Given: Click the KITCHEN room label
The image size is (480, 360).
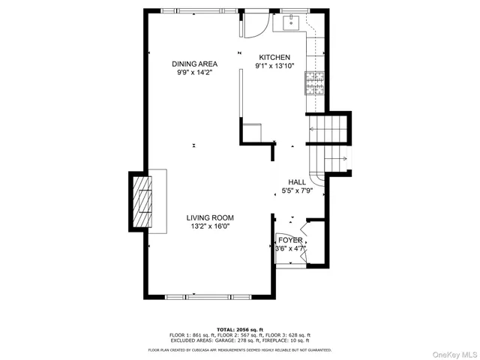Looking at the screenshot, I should pos(274,57).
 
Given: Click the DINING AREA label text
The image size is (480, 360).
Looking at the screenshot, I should pos(194,64).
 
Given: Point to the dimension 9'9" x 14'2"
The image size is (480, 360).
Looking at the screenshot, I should pos(194,73).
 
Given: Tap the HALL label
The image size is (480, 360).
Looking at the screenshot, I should pos(297,181).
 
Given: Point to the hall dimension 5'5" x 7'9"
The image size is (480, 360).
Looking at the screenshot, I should pos(297,190).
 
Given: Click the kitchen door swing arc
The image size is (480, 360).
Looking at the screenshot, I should pos(255,26).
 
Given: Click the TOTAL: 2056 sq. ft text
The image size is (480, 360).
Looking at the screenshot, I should pos(239,328).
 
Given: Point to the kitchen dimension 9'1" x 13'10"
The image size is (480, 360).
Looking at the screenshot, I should pos(274,66).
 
